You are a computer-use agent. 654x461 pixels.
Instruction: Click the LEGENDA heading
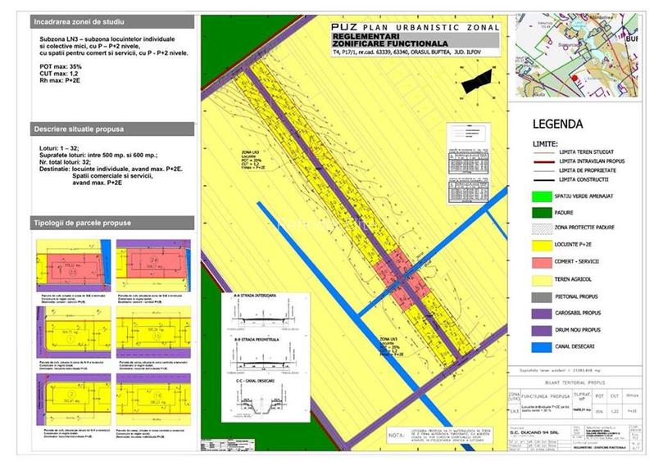click(x=557, y=125)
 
